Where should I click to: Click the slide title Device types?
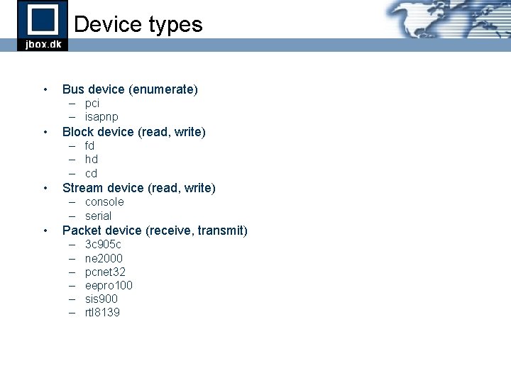138,24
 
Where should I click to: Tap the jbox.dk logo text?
43,45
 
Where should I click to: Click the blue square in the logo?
43,19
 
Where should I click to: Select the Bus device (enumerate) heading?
130,89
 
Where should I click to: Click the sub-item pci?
92,103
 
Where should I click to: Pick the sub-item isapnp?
101,116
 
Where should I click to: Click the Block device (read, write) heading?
134,132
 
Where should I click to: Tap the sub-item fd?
89,145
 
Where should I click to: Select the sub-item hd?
92,160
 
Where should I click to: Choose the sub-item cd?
91,173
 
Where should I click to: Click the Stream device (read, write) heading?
139,188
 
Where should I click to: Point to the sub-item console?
104,202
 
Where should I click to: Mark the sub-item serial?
98,216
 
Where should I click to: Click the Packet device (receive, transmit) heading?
155,231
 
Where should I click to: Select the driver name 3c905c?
103,245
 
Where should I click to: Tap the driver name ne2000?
104,258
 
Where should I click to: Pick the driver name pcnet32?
106,272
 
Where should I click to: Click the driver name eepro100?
109,285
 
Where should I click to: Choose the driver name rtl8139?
102,312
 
